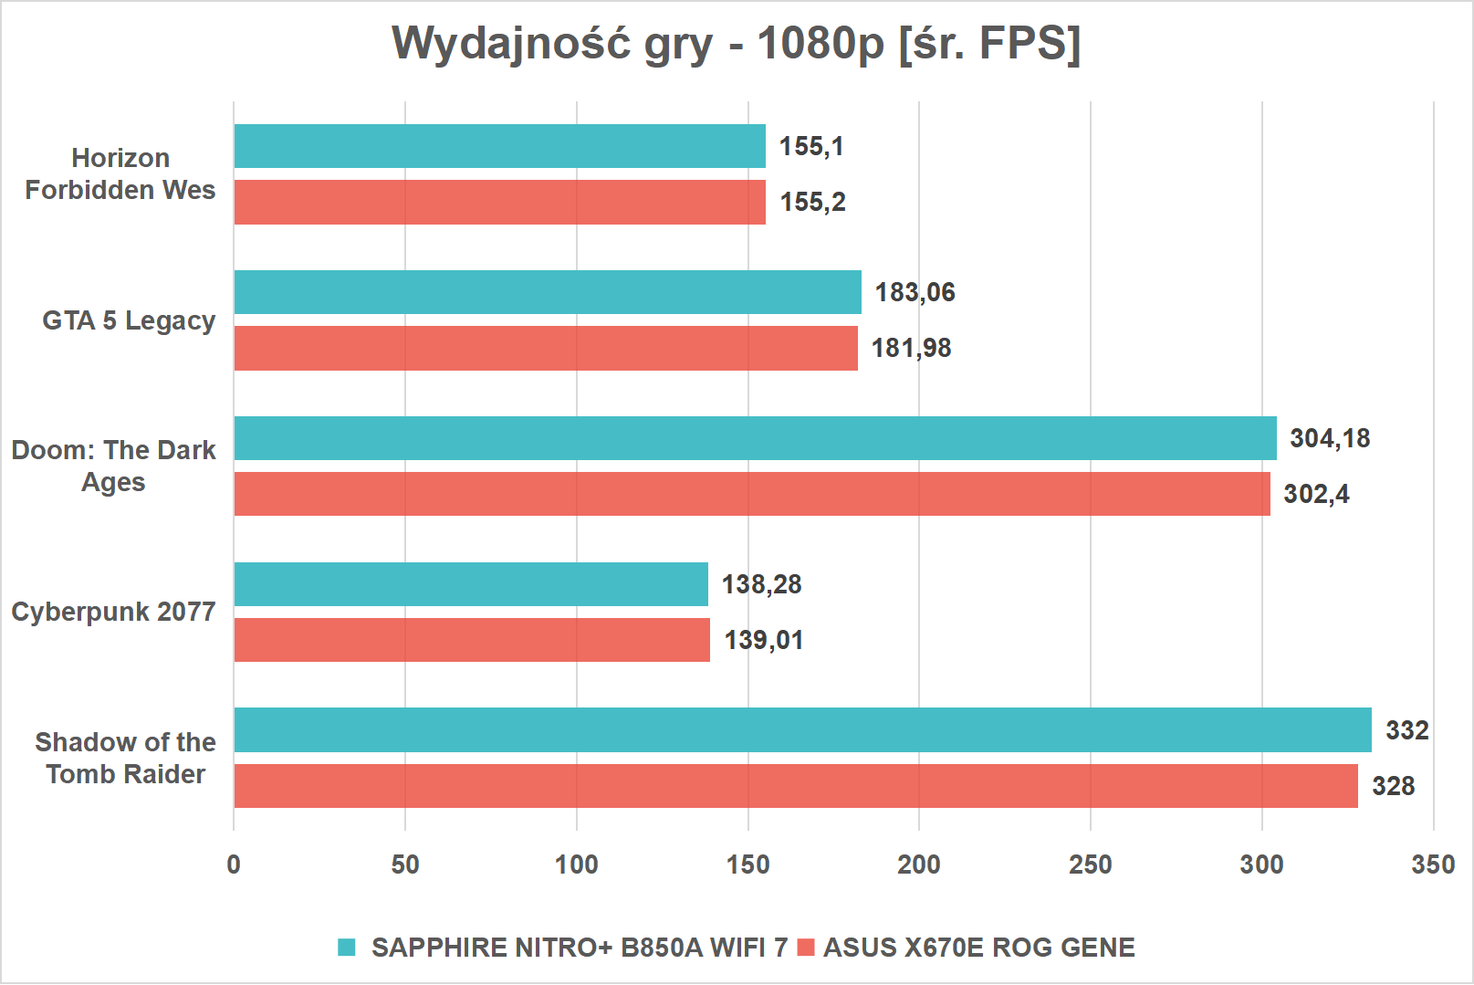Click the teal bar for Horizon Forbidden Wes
499,146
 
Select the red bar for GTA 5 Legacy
546,348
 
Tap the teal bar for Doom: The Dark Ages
755,438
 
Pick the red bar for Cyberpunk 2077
472,640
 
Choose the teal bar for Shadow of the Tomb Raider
802,730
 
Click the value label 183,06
915,292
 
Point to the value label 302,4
1315,494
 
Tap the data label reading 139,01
763,640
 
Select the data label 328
1393,786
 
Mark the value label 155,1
811,146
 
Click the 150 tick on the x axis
747,864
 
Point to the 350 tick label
1433,864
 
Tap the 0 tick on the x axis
234,864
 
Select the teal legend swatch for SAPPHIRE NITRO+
347,948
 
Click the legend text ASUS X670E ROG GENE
978,948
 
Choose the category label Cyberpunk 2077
113,612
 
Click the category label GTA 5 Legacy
129,320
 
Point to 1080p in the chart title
821,43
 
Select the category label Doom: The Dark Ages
113,466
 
